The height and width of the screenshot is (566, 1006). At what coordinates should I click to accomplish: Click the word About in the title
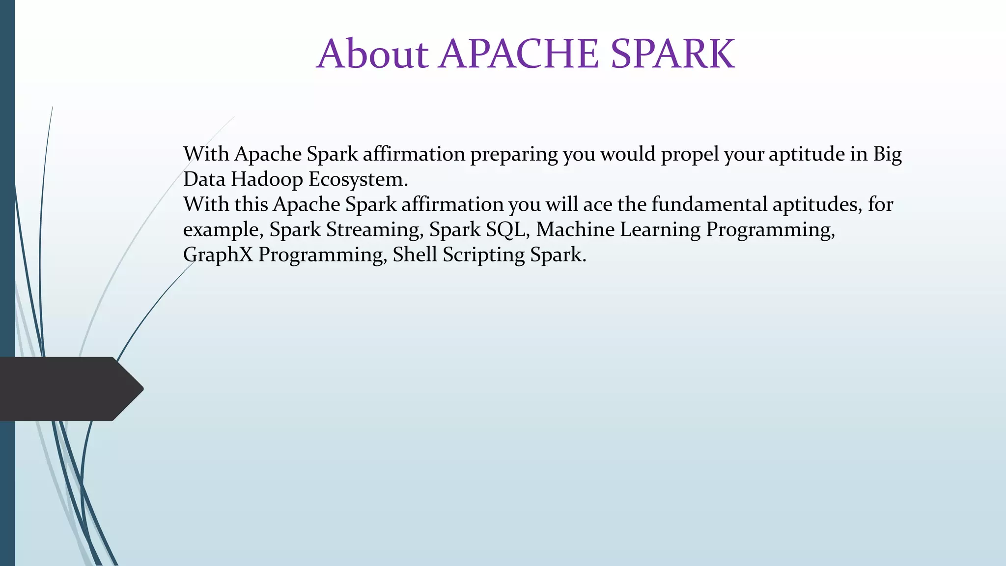coord(373,54)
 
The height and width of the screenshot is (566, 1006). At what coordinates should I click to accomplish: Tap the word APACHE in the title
coord(519,54)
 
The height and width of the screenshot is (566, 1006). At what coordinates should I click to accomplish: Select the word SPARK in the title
coord(672,54)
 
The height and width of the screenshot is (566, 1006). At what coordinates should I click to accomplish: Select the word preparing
coord(514,155)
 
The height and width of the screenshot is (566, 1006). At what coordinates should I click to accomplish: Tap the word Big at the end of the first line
coord(887,155)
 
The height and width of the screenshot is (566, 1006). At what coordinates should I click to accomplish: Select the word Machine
coord(575,229)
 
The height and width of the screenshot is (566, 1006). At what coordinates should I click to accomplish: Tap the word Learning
coord(660,230)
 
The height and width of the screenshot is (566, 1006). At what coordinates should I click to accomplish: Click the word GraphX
coord(218,255)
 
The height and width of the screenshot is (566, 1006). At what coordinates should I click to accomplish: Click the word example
coord(223,230)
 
